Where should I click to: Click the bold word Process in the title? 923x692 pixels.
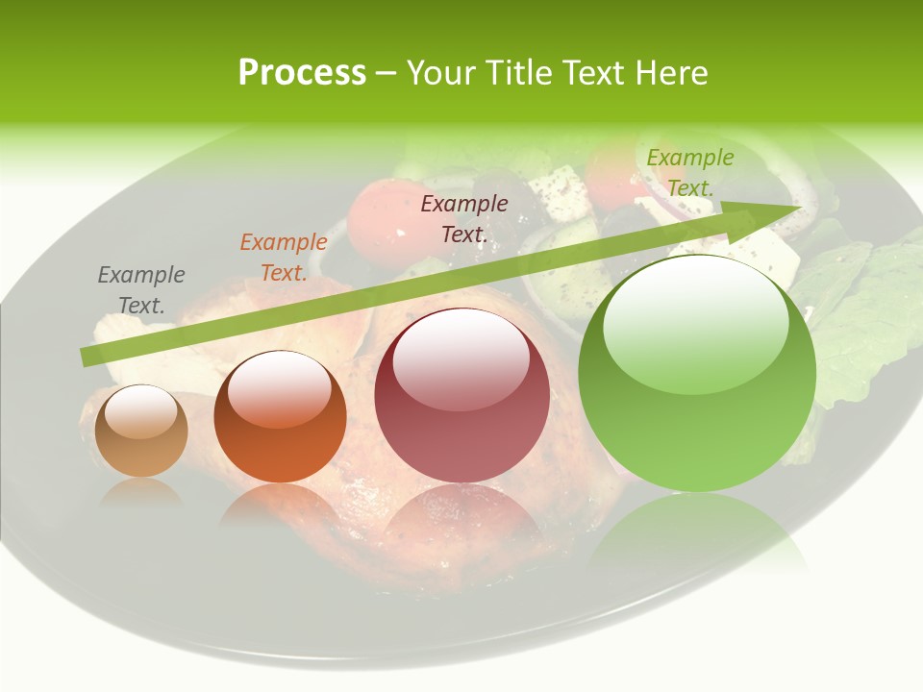pyautogui.click(x=302, y=72)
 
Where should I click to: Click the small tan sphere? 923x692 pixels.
pyautogui.click(x=141, y=432)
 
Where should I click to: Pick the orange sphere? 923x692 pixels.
pyautogui.click(x=280, y=417)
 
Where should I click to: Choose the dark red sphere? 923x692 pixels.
pyautogui.click(x=461, y=395)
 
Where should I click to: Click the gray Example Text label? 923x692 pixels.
pyautogui.click(x=140, y=290)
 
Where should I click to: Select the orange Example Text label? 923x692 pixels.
pyautogui.click(x=284, y=258)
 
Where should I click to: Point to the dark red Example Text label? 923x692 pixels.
pyautogui.click(x=464, y=218)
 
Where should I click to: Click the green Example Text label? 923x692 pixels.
pyautogui.click(x=690, y=172)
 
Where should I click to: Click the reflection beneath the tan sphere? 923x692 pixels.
pyautogui.click(x=141, y=491)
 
